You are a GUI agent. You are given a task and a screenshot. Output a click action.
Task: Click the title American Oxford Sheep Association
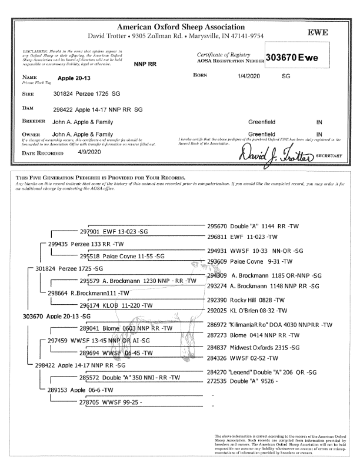click(181, 27)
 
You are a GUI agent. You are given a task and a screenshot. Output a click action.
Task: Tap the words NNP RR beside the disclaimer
click(145, 64)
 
